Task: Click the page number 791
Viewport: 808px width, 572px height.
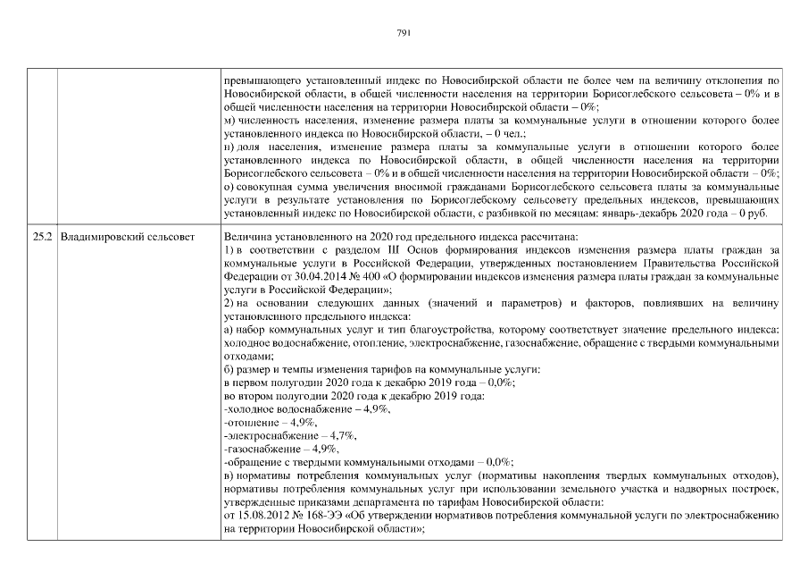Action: (403, 33)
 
